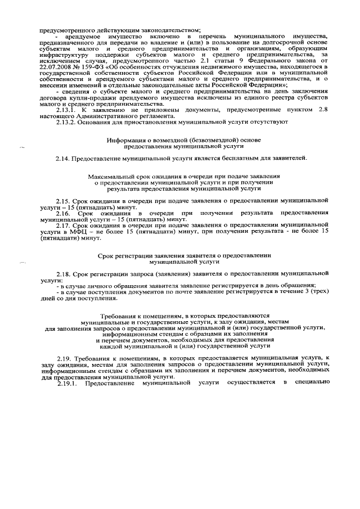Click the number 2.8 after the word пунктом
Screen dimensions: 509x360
322,111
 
